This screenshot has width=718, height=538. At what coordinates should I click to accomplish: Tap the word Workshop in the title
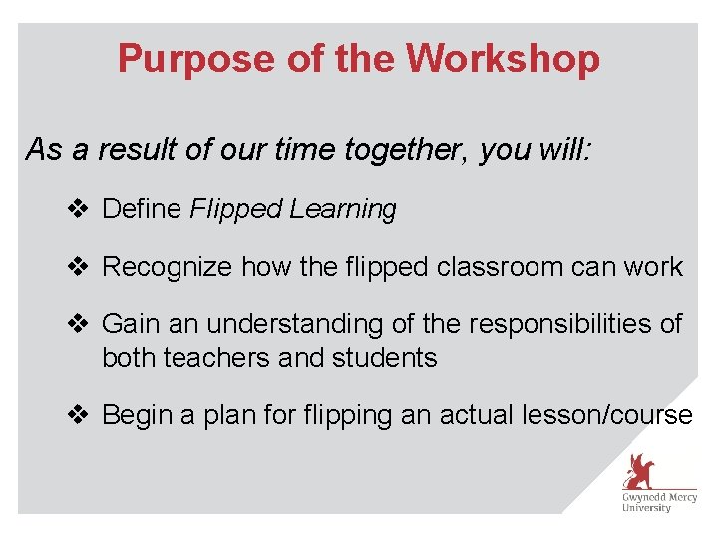504,59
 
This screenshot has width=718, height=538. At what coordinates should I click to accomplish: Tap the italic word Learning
343,209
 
